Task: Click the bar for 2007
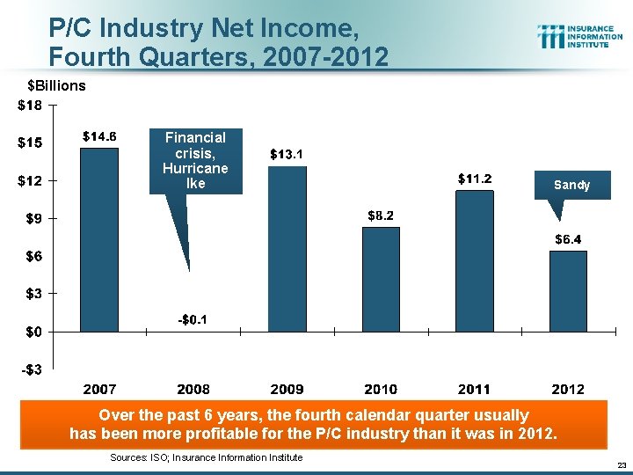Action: coord(99,239)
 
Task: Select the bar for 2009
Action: coord(287,248)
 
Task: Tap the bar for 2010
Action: coord(381,279)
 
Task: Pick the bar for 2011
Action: coord(474,260)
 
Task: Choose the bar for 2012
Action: coord(568,290)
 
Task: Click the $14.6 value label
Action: coord(100,136)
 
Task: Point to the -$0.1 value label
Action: coord(193,318)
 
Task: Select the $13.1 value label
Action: coord(287,155)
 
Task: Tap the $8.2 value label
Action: coord(381,216)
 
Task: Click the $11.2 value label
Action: coord(475,179)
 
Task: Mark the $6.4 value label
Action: coord(568,239)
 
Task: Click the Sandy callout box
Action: coord(571,186)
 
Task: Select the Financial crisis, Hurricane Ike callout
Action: coord(195,160)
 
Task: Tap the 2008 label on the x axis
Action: coord(193,389)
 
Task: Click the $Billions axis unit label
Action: coord(56,85)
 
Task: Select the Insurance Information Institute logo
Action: coord(579,36)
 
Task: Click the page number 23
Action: coord(621,464)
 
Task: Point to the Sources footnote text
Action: coord(206,457)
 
